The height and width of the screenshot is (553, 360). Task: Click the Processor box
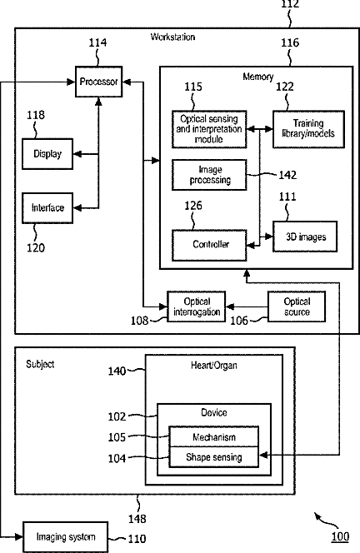point(99,82)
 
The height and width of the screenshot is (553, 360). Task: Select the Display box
point(47,154)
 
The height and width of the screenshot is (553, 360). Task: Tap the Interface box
point(47,208)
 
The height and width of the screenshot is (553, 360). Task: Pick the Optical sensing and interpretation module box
point(209,129)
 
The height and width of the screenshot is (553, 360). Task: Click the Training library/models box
point(308,129)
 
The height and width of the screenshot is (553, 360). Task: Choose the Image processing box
point(209,175)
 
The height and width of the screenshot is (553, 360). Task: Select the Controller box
point(209,246)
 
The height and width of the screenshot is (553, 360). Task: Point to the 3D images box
point(305,237)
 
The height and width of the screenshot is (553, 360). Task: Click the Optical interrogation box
point(196,306)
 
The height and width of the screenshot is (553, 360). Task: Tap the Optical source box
point(297,306)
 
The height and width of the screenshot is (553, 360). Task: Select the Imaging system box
point(66,537)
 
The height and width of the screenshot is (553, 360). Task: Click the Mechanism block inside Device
point(214,436)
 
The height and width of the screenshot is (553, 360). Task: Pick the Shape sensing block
point(214,457)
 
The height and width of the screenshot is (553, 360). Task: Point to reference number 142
point(287,175)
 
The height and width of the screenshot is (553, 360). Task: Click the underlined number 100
point(340,537)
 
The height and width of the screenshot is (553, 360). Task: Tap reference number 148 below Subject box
point(137,519)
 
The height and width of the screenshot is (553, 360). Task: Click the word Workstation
point(173,37)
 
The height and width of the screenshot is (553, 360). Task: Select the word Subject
point(40,364)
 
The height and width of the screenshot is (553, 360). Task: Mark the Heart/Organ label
point(214,365)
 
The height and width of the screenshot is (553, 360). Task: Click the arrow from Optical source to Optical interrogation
point(247,306)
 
